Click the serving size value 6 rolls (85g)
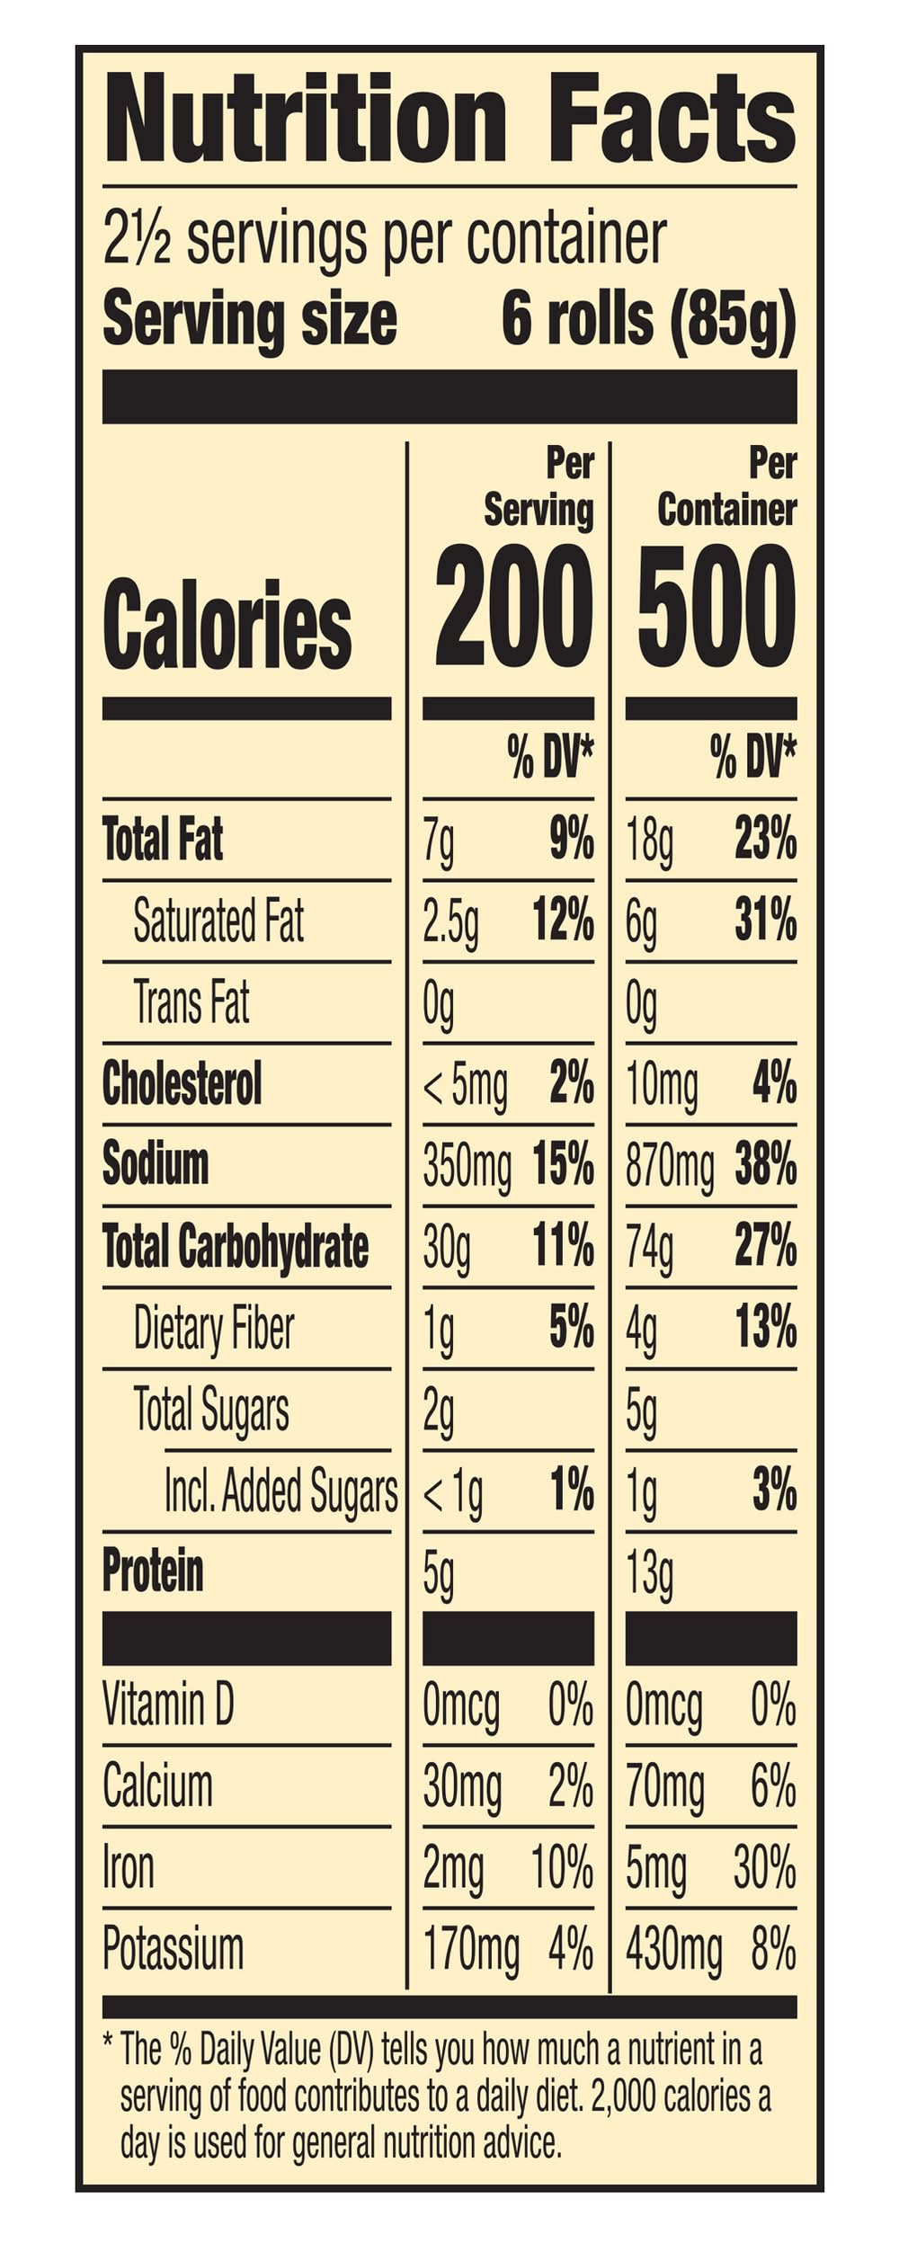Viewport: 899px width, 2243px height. click(x=648, y=319)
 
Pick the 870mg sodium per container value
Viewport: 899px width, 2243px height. click(x=670, y=1166)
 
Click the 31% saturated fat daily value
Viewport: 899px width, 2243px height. click(x=765, y=921)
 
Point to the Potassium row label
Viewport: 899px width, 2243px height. click(x=173, y=1948)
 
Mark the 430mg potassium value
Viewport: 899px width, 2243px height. click(x=673, y=1951)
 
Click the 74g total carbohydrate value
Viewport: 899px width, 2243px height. click(x=649, y=1248)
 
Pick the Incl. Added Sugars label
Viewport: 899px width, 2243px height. click(x=280, y=1491)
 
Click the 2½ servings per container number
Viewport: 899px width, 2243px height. click(x=137, y=239)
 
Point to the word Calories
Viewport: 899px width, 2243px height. click(x=227, y=623)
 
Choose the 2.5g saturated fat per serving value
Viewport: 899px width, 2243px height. click(x=450, y=922)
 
